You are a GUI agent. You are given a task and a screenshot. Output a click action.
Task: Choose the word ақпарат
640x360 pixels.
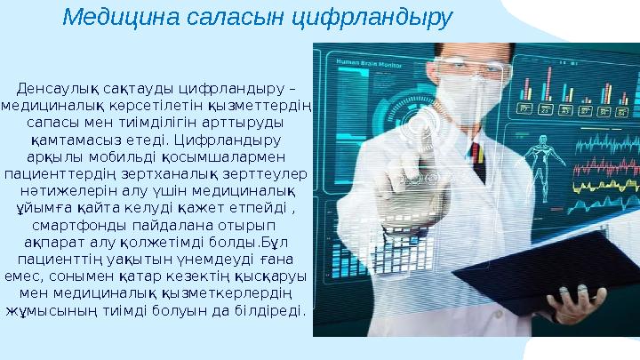click(60, 242)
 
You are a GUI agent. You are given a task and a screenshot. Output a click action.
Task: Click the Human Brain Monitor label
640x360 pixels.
click(364, 60)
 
